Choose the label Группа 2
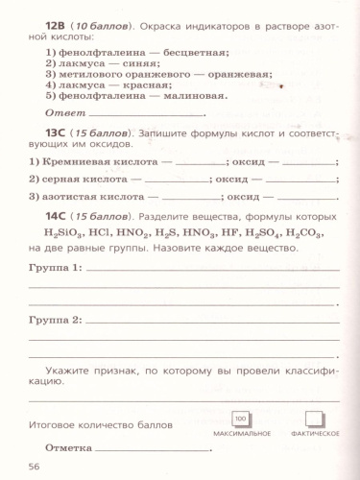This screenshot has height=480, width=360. tap(55, 318)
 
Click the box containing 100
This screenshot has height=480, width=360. tap(241, 420)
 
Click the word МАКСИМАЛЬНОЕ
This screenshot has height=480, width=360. tap(241, 435)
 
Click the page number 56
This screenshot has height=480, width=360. tap(36, 467)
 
